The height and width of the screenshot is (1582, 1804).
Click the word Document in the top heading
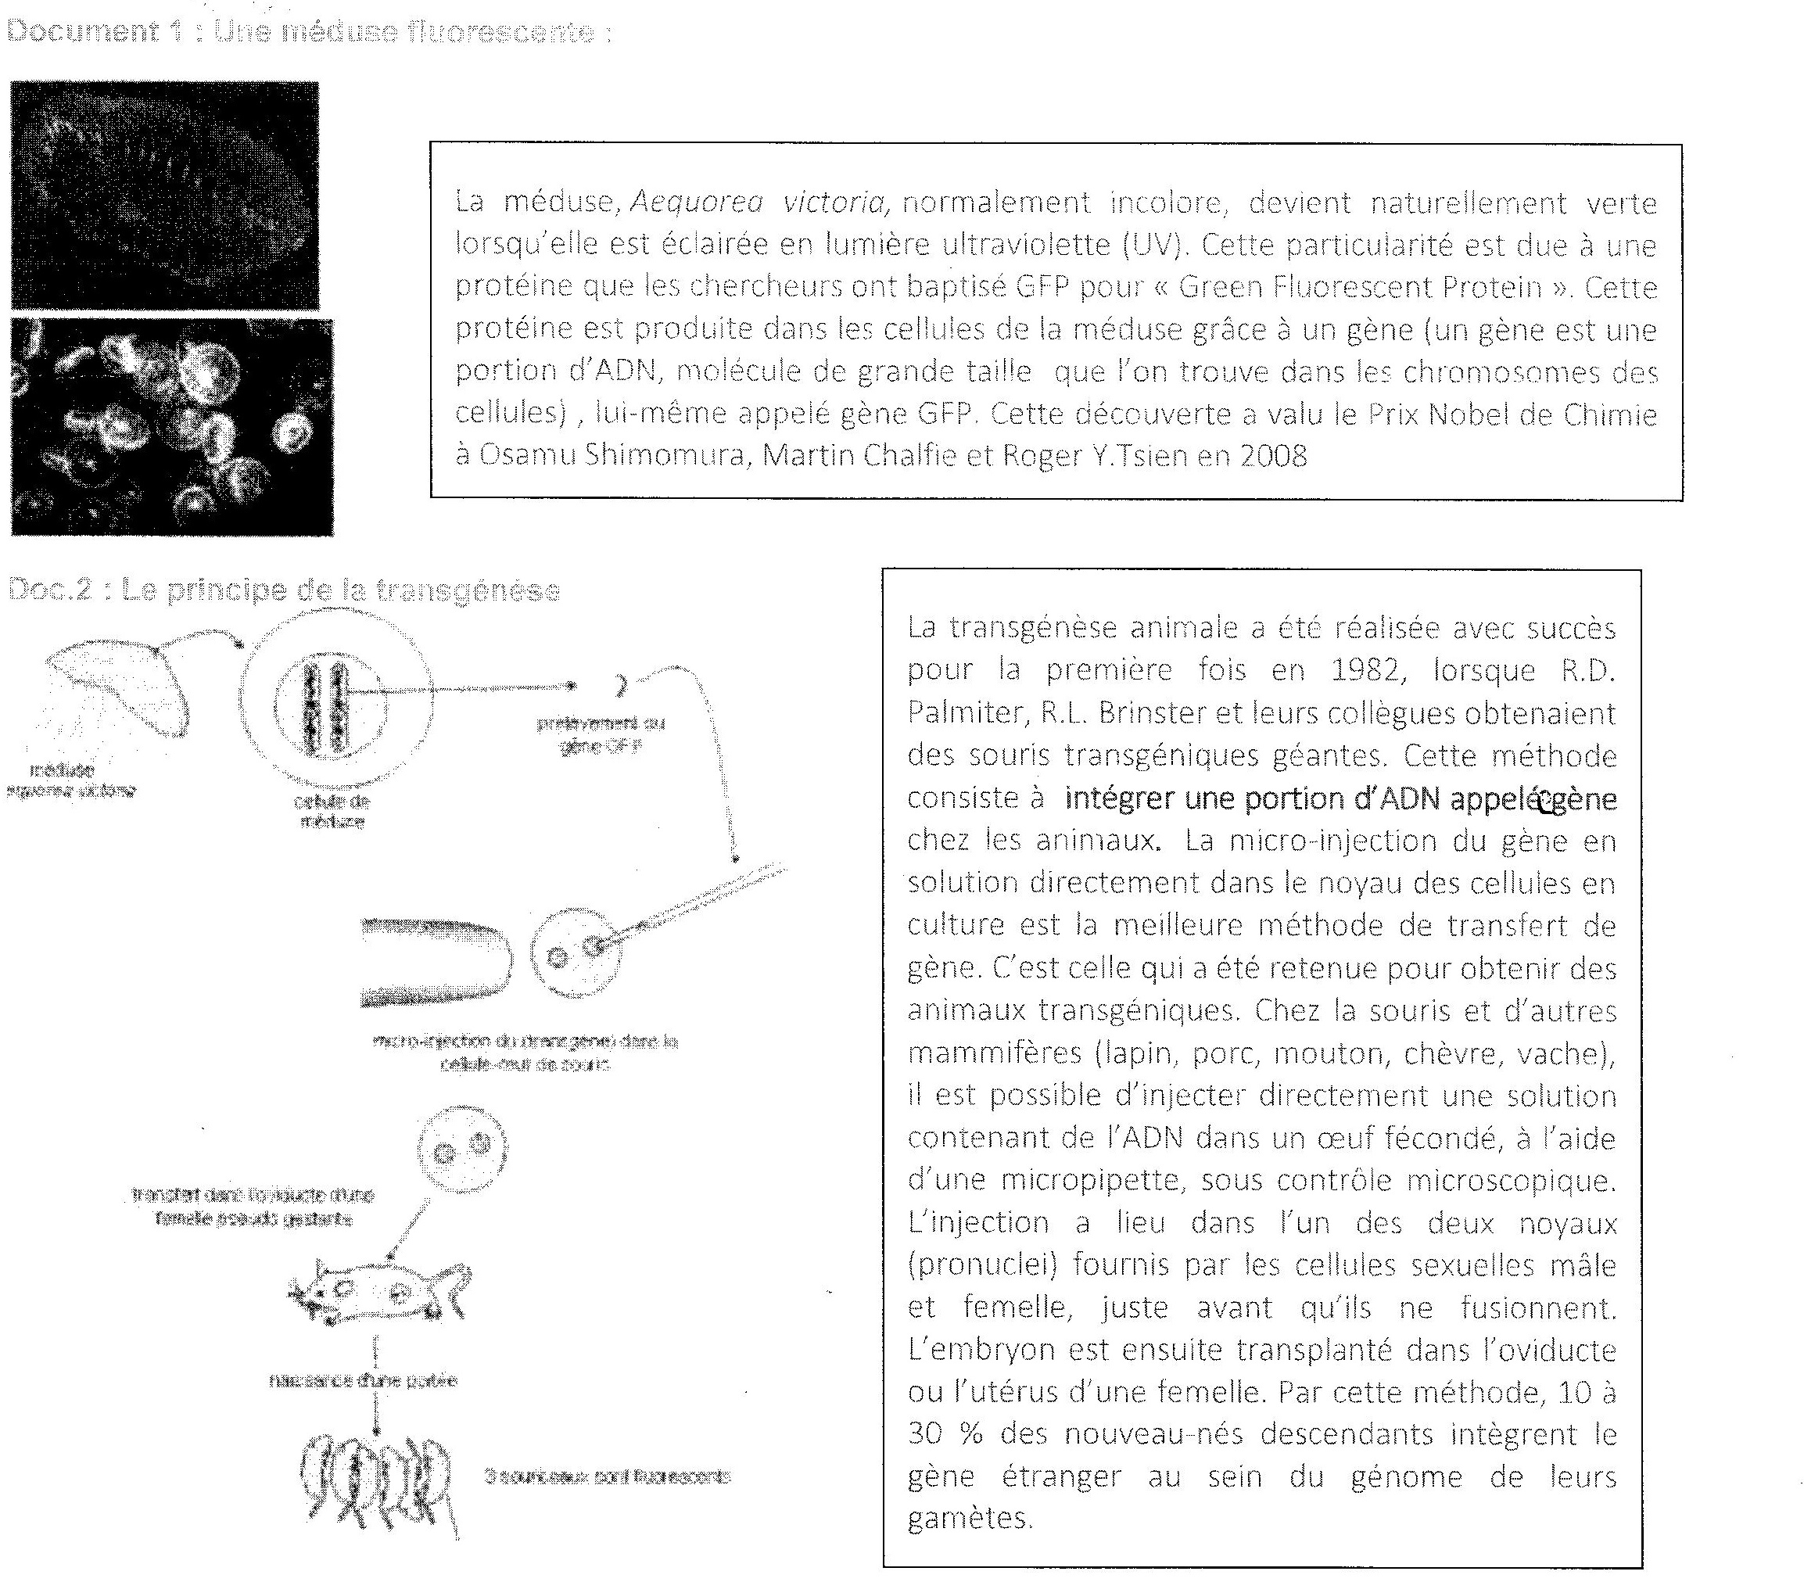click(x=81, y=32)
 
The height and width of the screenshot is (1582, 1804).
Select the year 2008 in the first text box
click(x=1274, y=456)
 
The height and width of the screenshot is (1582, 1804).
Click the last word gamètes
click(x=969, y=1519)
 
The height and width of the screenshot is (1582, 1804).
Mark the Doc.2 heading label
click(x=49, y=590)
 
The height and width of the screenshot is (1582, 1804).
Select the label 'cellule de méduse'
click(x=332, y=811)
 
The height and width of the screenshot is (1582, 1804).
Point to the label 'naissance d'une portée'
click(x=364, y=1381)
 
